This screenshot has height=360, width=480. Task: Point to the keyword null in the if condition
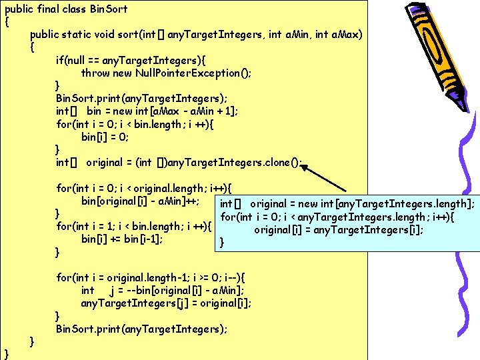pyautogui.click(x=79, y=60)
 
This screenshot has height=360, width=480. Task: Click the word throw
pyautogui.click(x=95, y=73)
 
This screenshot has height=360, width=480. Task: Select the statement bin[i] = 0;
pyautogui.click(x=105, y=137)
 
